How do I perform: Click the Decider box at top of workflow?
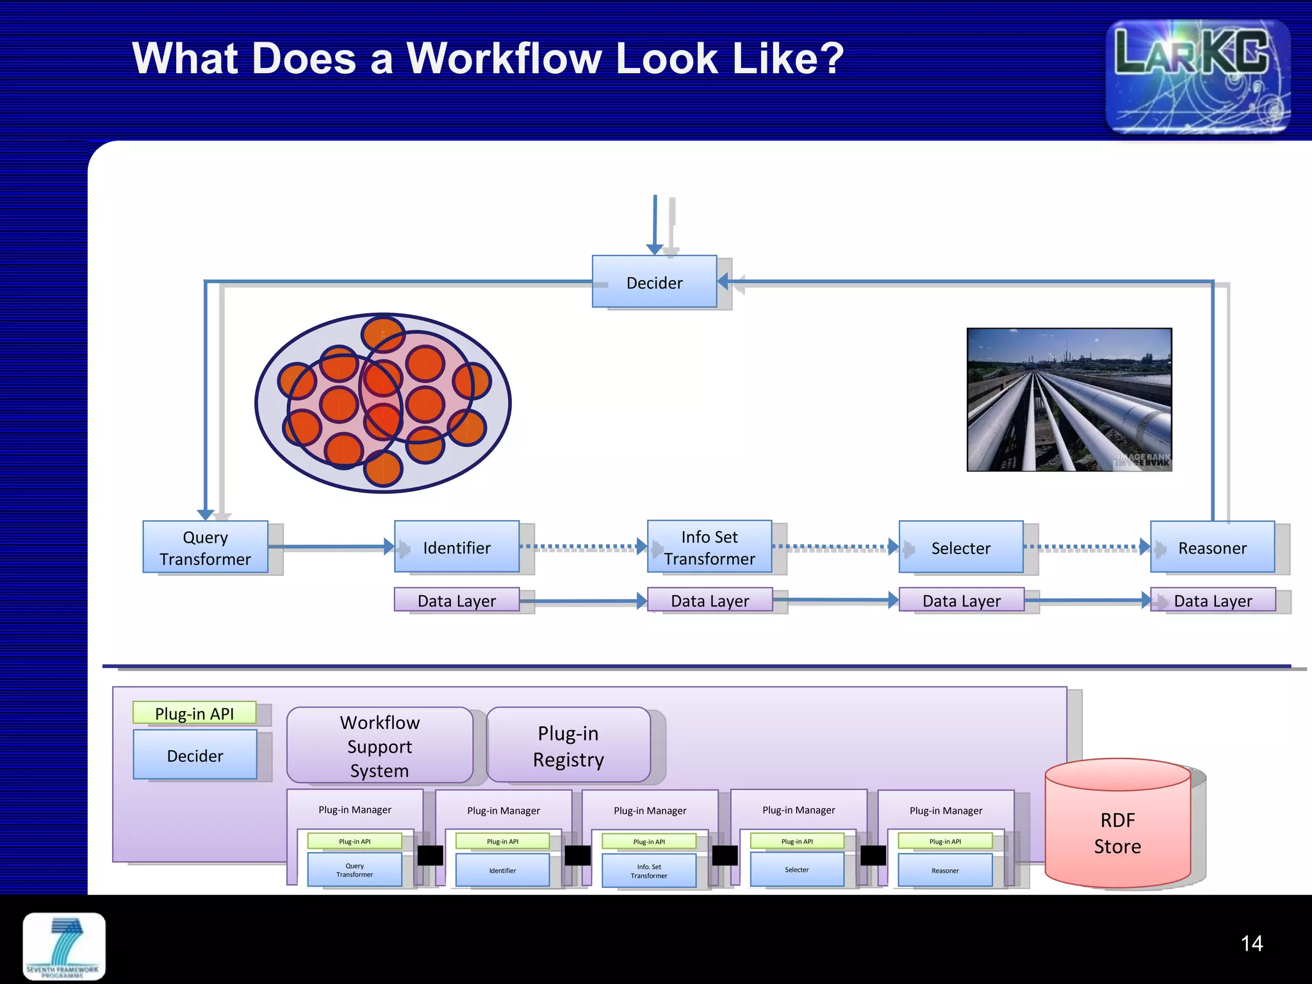[x=654, y=282]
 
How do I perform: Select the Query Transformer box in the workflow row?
[x=205, y=547]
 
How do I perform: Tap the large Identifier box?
[x=456, y=547]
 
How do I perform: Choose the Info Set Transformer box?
[x=709, y=547]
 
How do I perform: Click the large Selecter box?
[x=960, y=547]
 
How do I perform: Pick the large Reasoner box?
[x=1212, y=547]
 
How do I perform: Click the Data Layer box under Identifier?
[x=456, y=600]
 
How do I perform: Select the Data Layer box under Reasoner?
[x=1212, y=600]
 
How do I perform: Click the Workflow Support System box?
[x=379, y=746]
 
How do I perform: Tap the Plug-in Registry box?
[x=568, y=746]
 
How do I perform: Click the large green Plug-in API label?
[x=194, y=713]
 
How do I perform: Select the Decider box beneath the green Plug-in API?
[x=195, y=755]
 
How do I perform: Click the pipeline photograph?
[x=1069, y=400]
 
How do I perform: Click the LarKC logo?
[x=1197, y=77]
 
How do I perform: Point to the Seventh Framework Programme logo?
[x=64, y=947]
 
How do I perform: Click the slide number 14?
[x=1251, y=943]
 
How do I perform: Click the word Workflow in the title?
[x=504, y=59]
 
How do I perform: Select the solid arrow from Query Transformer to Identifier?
[x=330, y=546]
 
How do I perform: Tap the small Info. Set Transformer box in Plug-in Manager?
[x=648, y=871]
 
